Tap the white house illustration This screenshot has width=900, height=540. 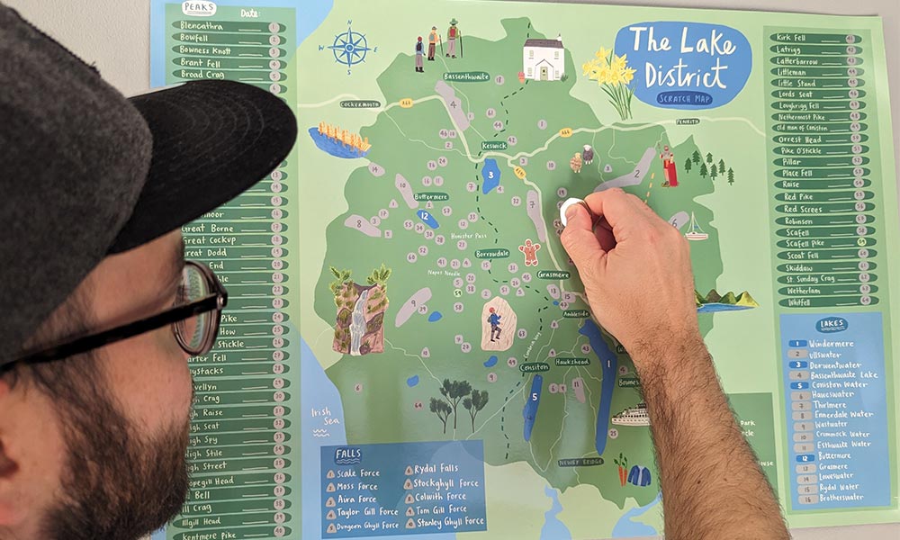(x=544, y=59)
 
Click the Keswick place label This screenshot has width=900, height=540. (x=494, y=145)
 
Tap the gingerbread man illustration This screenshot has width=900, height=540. (x=529, y=251)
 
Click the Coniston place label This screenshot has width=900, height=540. (x=534, y=366)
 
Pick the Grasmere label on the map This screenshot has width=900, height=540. (x=553, y=274)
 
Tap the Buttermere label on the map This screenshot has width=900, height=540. (x=430, y=196)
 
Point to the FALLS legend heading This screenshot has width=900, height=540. (x=348, y=454)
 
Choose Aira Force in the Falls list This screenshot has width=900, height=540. (x=355, y=499)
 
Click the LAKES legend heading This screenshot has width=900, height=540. (x=831, y=325)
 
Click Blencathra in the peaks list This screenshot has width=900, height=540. (x=203, y=26)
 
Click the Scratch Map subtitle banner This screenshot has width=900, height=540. (x=688, y=97)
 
